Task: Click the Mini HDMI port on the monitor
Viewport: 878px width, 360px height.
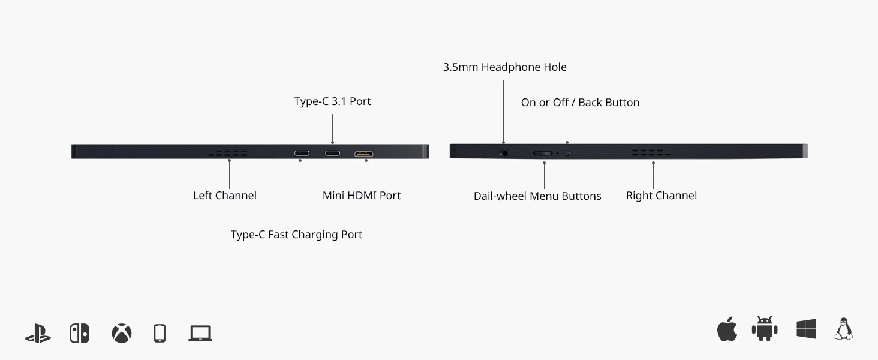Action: coord(363,154)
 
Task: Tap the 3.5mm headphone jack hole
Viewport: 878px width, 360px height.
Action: coord(504,153)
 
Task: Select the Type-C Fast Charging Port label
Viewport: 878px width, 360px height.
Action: coord(296,235)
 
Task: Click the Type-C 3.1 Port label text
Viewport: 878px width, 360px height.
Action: coord(332,101)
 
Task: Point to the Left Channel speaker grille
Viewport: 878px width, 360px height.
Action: coord(228,154)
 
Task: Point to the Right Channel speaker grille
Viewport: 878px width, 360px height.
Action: coord(651,154)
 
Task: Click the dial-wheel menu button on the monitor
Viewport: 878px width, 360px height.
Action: coord(543,153)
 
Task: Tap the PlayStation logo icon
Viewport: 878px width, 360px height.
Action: coord(38,333)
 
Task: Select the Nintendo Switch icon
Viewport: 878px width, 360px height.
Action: coord(79,333)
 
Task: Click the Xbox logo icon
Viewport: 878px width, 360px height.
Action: coord(121,333)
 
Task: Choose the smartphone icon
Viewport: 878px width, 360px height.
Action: coord(160,333)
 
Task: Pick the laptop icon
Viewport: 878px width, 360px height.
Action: coord(200,333)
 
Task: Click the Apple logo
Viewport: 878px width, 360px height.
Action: coord(727,330)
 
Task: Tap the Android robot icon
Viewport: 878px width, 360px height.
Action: coord(765,329)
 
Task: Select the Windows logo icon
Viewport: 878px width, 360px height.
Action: coord(807,329)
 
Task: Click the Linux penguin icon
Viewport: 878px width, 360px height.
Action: coord(844,329)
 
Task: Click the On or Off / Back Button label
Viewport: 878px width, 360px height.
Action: coord(580,103)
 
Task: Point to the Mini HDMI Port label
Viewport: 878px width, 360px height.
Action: coord(362,196)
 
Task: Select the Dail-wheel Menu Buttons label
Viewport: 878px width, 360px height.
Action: coord(537,196)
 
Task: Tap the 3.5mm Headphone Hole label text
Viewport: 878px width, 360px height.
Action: coord(504,67)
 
